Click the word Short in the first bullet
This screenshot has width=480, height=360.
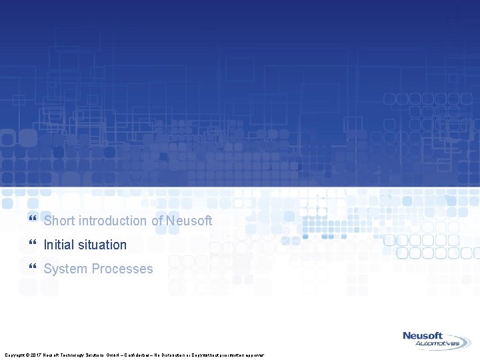(59, 221)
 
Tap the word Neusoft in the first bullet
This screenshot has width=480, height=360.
(190, 221)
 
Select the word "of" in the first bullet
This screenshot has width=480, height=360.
(158, 221)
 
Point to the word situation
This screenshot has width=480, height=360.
(101, 245)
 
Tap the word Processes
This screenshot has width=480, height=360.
(122, 269)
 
